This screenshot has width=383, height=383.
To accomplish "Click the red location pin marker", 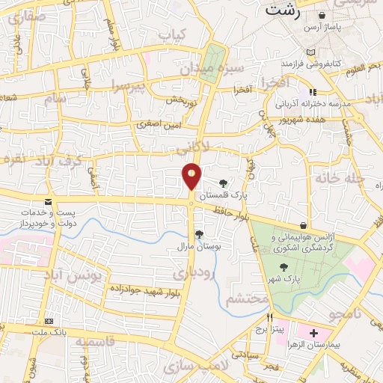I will coord(191,177).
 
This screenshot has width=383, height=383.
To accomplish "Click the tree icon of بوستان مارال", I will coord(198,234).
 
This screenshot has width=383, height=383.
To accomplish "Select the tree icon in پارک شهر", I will coord(284,266).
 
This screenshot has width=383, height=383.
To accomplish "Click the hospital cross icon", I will coord(313,333).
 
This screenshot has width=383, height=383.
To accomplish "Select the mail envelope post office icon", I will coord(49,203).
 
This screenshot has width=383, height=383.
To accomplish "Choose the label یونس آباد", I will coord(94,275).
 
